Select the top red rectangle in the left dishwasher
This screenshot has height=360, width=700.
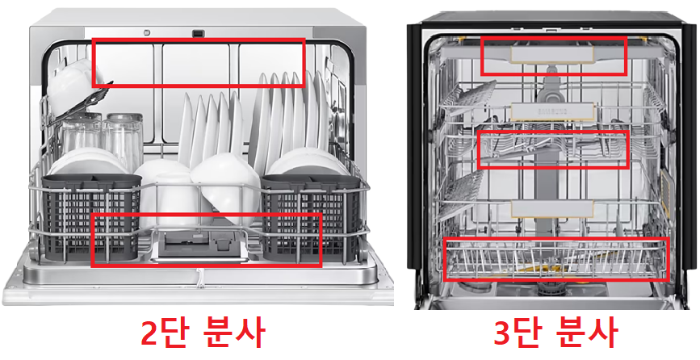pyautogui.click(x=199, y=61)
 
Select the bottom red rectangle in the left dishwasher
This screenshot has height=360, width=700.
pyautogui.click(x=207, y=240)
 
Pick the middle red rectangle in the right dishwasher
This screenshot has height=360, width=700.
pyautogui.click(x=553, y=149)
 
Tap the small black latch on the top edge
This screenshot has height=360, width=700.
pyautogui.click(x=196, y=33)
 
